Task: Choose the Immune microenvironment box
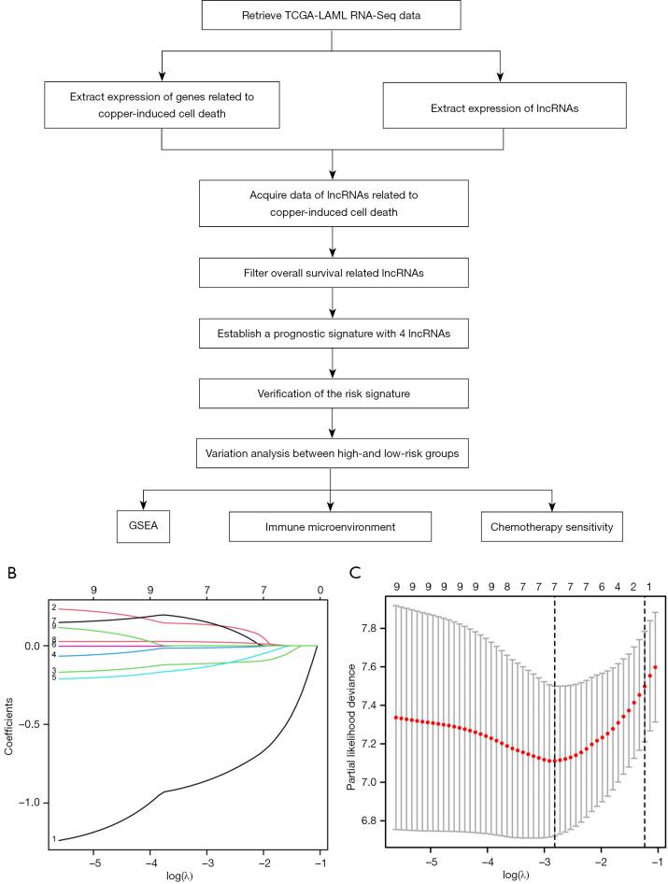[x=334, y=528]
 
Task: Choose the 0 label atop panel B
[x=320, y=591]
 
